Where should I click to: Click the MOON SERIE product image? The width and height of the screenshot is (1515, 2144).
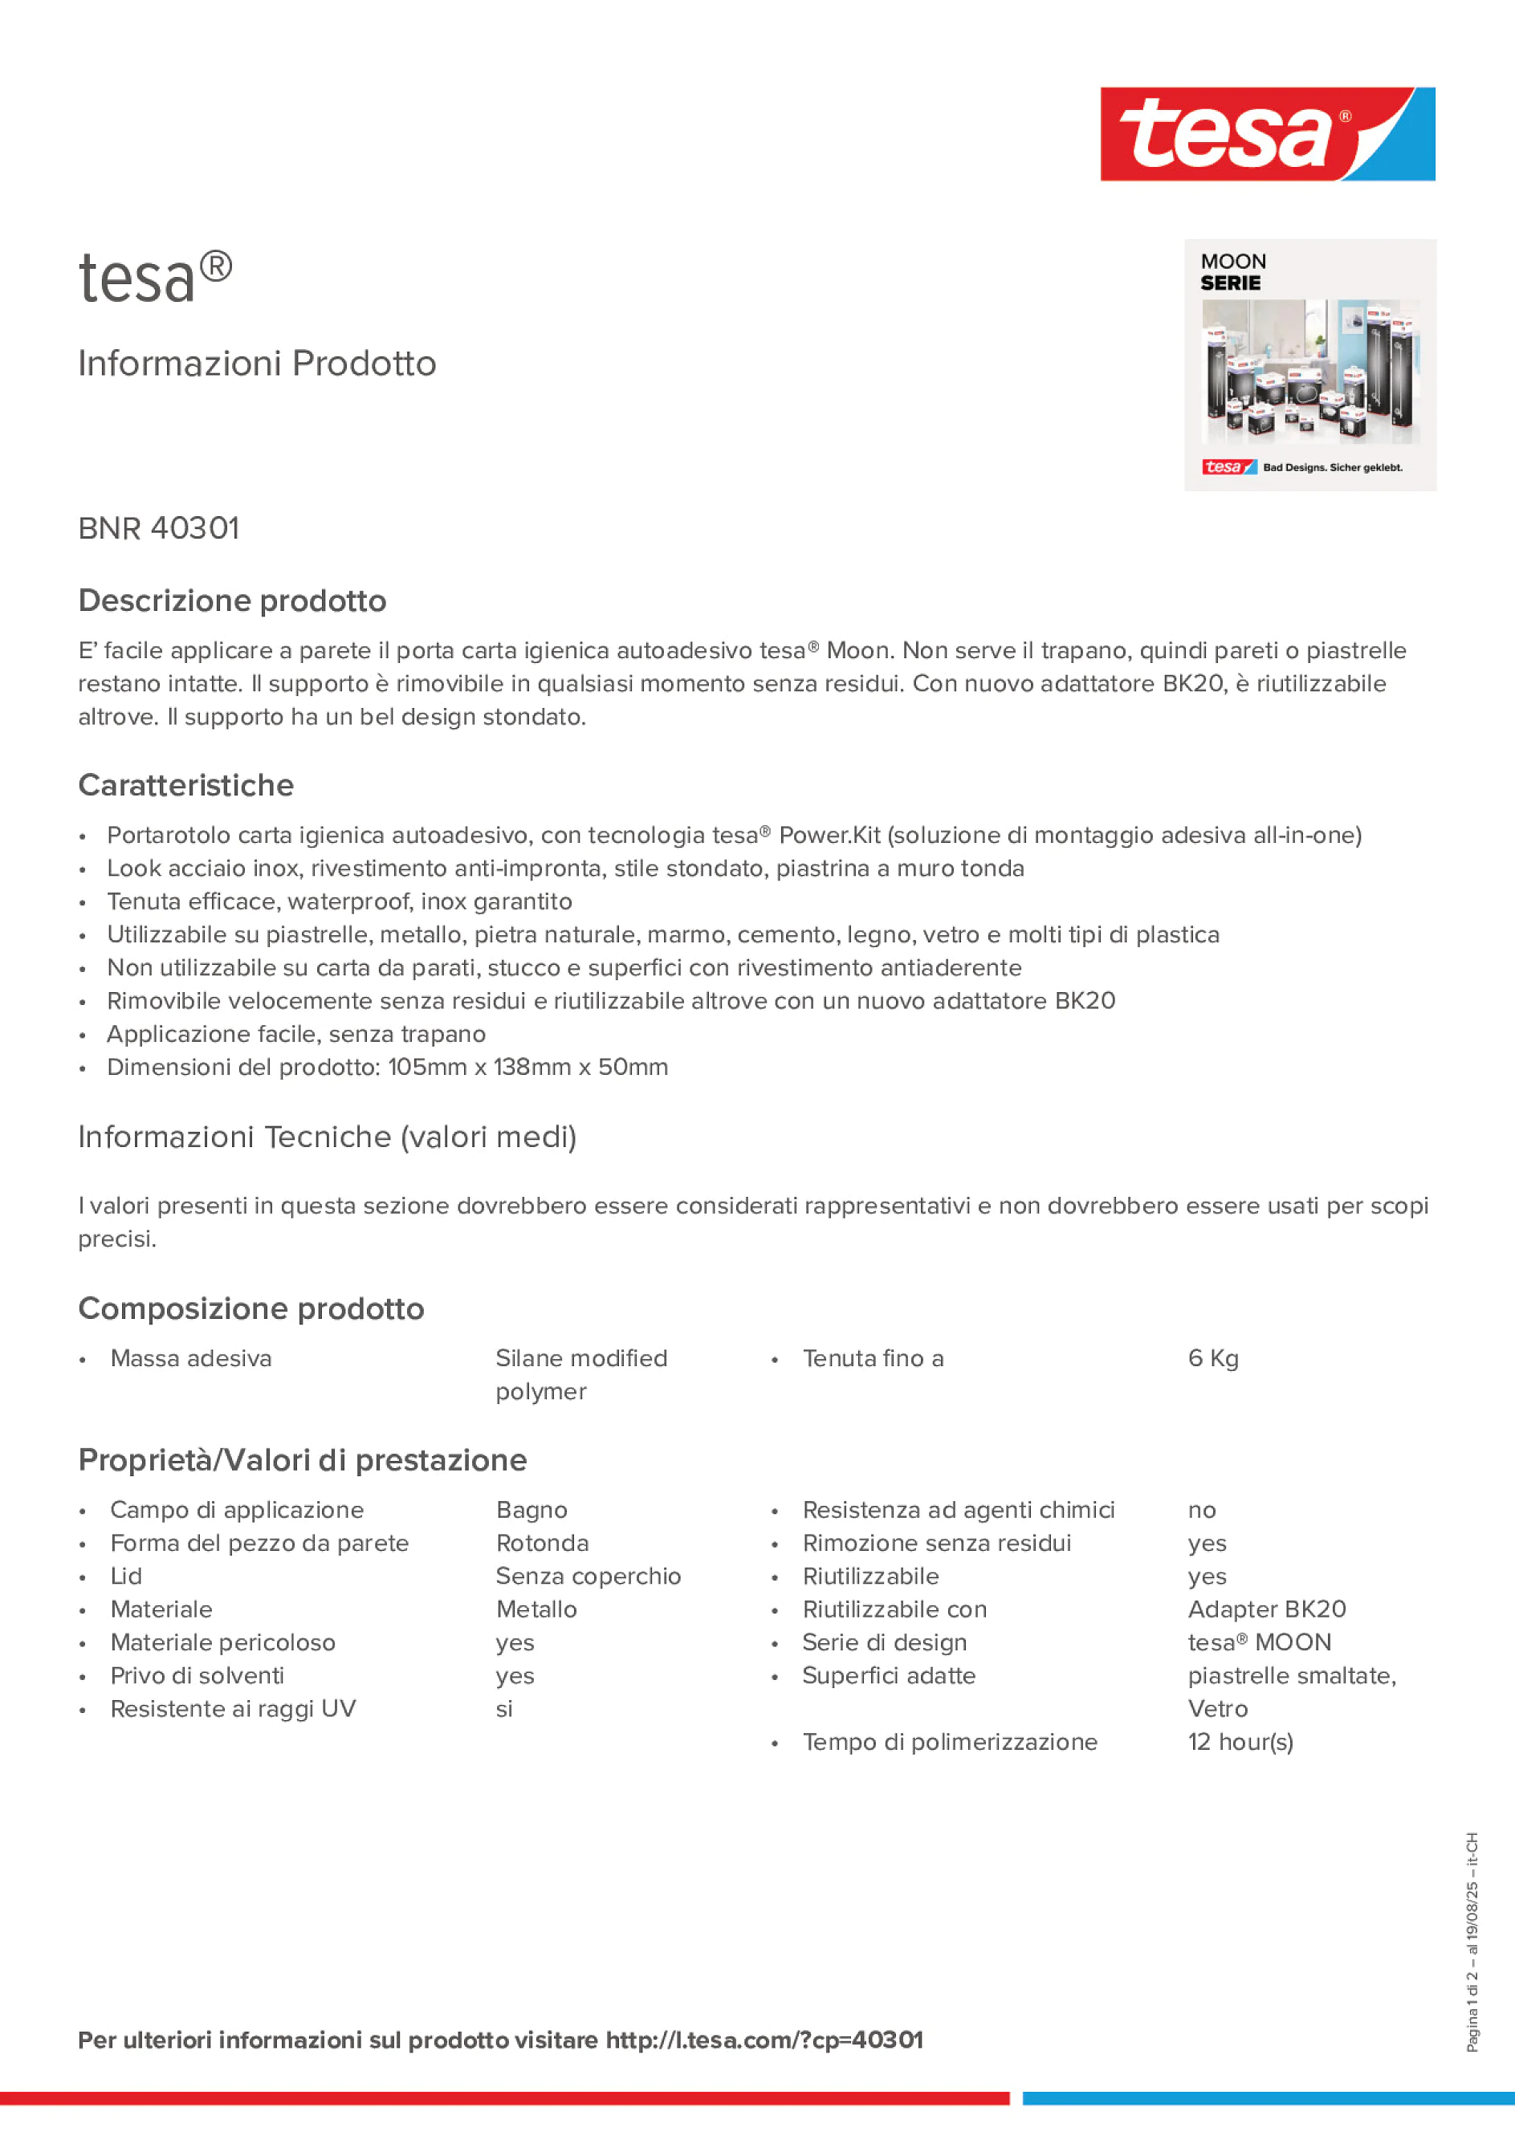click(x=1309, y=365)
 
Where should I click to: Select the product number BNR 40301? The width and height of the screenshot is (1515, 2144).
click(x=159, y=528)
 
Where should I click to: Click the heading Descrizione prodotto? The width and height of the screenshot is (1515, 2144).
click(x=232, y=600)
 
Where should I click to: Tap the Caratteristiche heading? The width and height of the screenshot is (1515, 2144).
click(x=186, y=785)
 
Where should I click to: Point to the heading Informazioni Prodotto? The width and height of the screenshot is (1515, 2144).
click(x=257, y=364)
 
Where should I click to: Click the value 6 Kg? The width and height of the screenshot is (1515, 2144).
click(x=1212, y=1359)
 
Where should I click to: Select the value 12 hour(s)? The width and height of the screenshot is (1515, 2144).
click(x=1240, y=1743)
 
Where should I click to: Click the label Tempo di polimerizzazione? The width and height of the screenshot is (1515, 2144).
click(x=949, y=1743)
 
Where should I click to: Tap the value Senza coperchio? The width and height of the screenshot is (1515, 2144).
click(x=588, y=1576)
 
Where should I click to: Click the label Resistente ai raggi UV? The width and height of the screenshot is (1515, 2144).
click(x=233, y=1709)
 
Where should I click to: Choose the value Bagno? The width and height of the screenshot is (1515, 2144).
click(x=531, y=1510)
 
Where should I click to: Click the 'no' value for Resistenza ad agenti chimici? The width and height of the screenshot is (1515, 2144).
click(x=1201, y=1510)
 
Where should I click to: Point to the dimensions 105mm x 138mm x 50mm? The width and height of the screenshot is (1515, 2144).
click(x=527, y=1068)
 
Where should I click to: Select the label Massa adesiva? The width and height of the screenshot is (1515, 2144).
click(x=190, y=1359)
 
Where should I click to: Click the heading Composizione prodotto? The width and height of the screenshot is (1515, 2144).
click(x=250, y=1309)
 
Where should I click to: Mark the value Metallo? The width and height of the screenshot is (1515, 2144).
click(x=536, y=1610)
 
